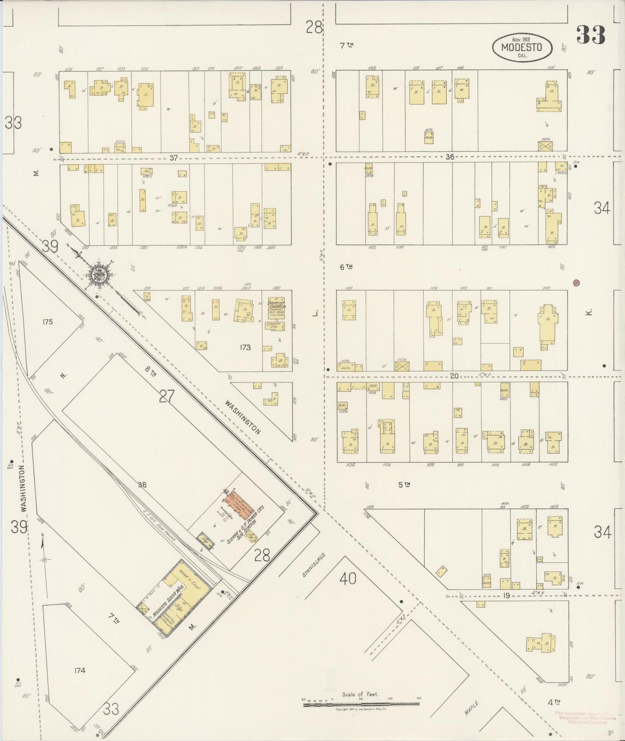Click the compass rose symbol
tap(98, 275)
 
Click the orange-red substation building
tap(239, 505)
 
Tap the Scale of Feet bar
tap(361, 703)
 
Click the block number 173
tap(245, 347)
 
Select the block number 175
tap(48, 322)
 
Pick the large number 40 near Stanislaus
tap(348, 578)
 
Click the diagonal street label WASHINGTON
tap(243, 416)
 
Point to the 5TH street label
tap(404, 485)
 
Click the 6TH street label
tap(346, 267)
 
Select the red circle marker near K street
tap(576, 283)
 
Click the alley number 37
tap(173, 158)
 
